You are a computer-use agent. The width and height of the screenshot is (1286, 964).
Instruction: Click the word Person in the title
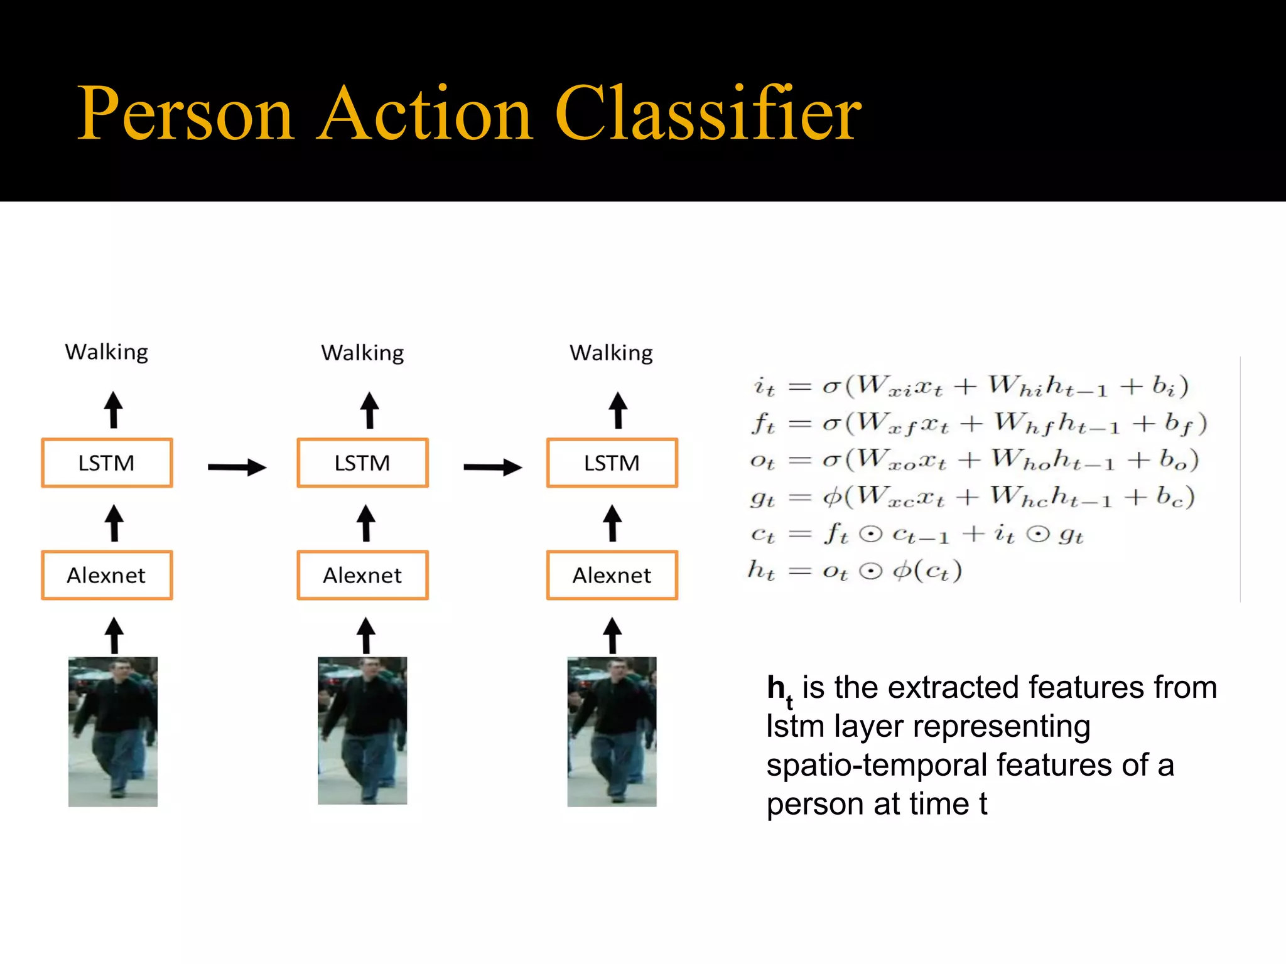(x=185, y=114)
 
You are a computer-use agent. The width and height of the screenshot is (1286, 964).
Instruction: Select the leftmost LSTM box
(x=107, y=463)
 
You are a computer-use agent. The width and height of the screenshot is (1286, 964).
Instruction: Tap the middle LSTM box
(x=362, y=463)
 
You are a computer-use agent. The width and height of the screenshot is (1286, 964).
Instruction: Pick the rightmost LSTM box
(x=612, y=463)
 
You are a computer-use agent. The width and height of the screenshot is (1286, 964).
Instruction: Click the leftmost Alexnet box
(x=107, y=576)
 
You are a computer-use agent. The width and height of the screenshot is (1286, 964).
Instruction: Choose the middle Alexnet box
(x=362, y=576)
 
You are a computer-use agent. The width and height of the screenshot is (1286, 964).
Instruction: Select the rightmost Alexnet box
(x=612, y=576)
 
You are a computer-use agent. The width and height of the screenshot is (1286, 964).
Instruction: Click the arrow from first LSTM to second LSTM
(x=237, y=467)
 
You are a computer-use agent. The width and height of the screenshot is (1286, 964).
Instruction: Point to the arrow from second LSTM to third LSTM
(x=492, y=467)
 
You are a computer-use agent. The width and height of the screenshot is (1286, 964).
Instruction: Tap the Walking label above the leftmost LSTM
(x=107, y=353)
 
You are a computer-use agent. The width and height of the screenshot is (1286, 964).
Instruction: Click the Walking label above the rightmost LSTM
(x=611, y=353)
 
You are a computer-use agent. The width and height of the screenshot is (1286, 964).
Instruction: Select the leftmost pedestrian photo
(x=113, y=732)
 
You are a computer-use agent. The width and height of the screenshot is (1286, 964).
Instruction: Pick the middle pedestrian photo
(x=362, y=731)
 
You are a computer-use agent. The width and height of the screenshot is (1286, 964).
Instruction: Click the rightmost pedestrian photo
(x=612, y=732)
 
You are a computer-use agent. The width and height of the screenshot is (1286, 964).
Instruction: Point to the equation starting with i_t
(x=971, y=386)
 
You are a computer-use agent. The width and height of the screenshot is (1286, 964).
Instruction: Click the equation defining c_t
(x=917, y=534)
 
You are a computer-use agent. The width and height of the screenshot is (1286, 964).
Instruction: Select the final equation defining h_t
(x=855, y=571)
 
